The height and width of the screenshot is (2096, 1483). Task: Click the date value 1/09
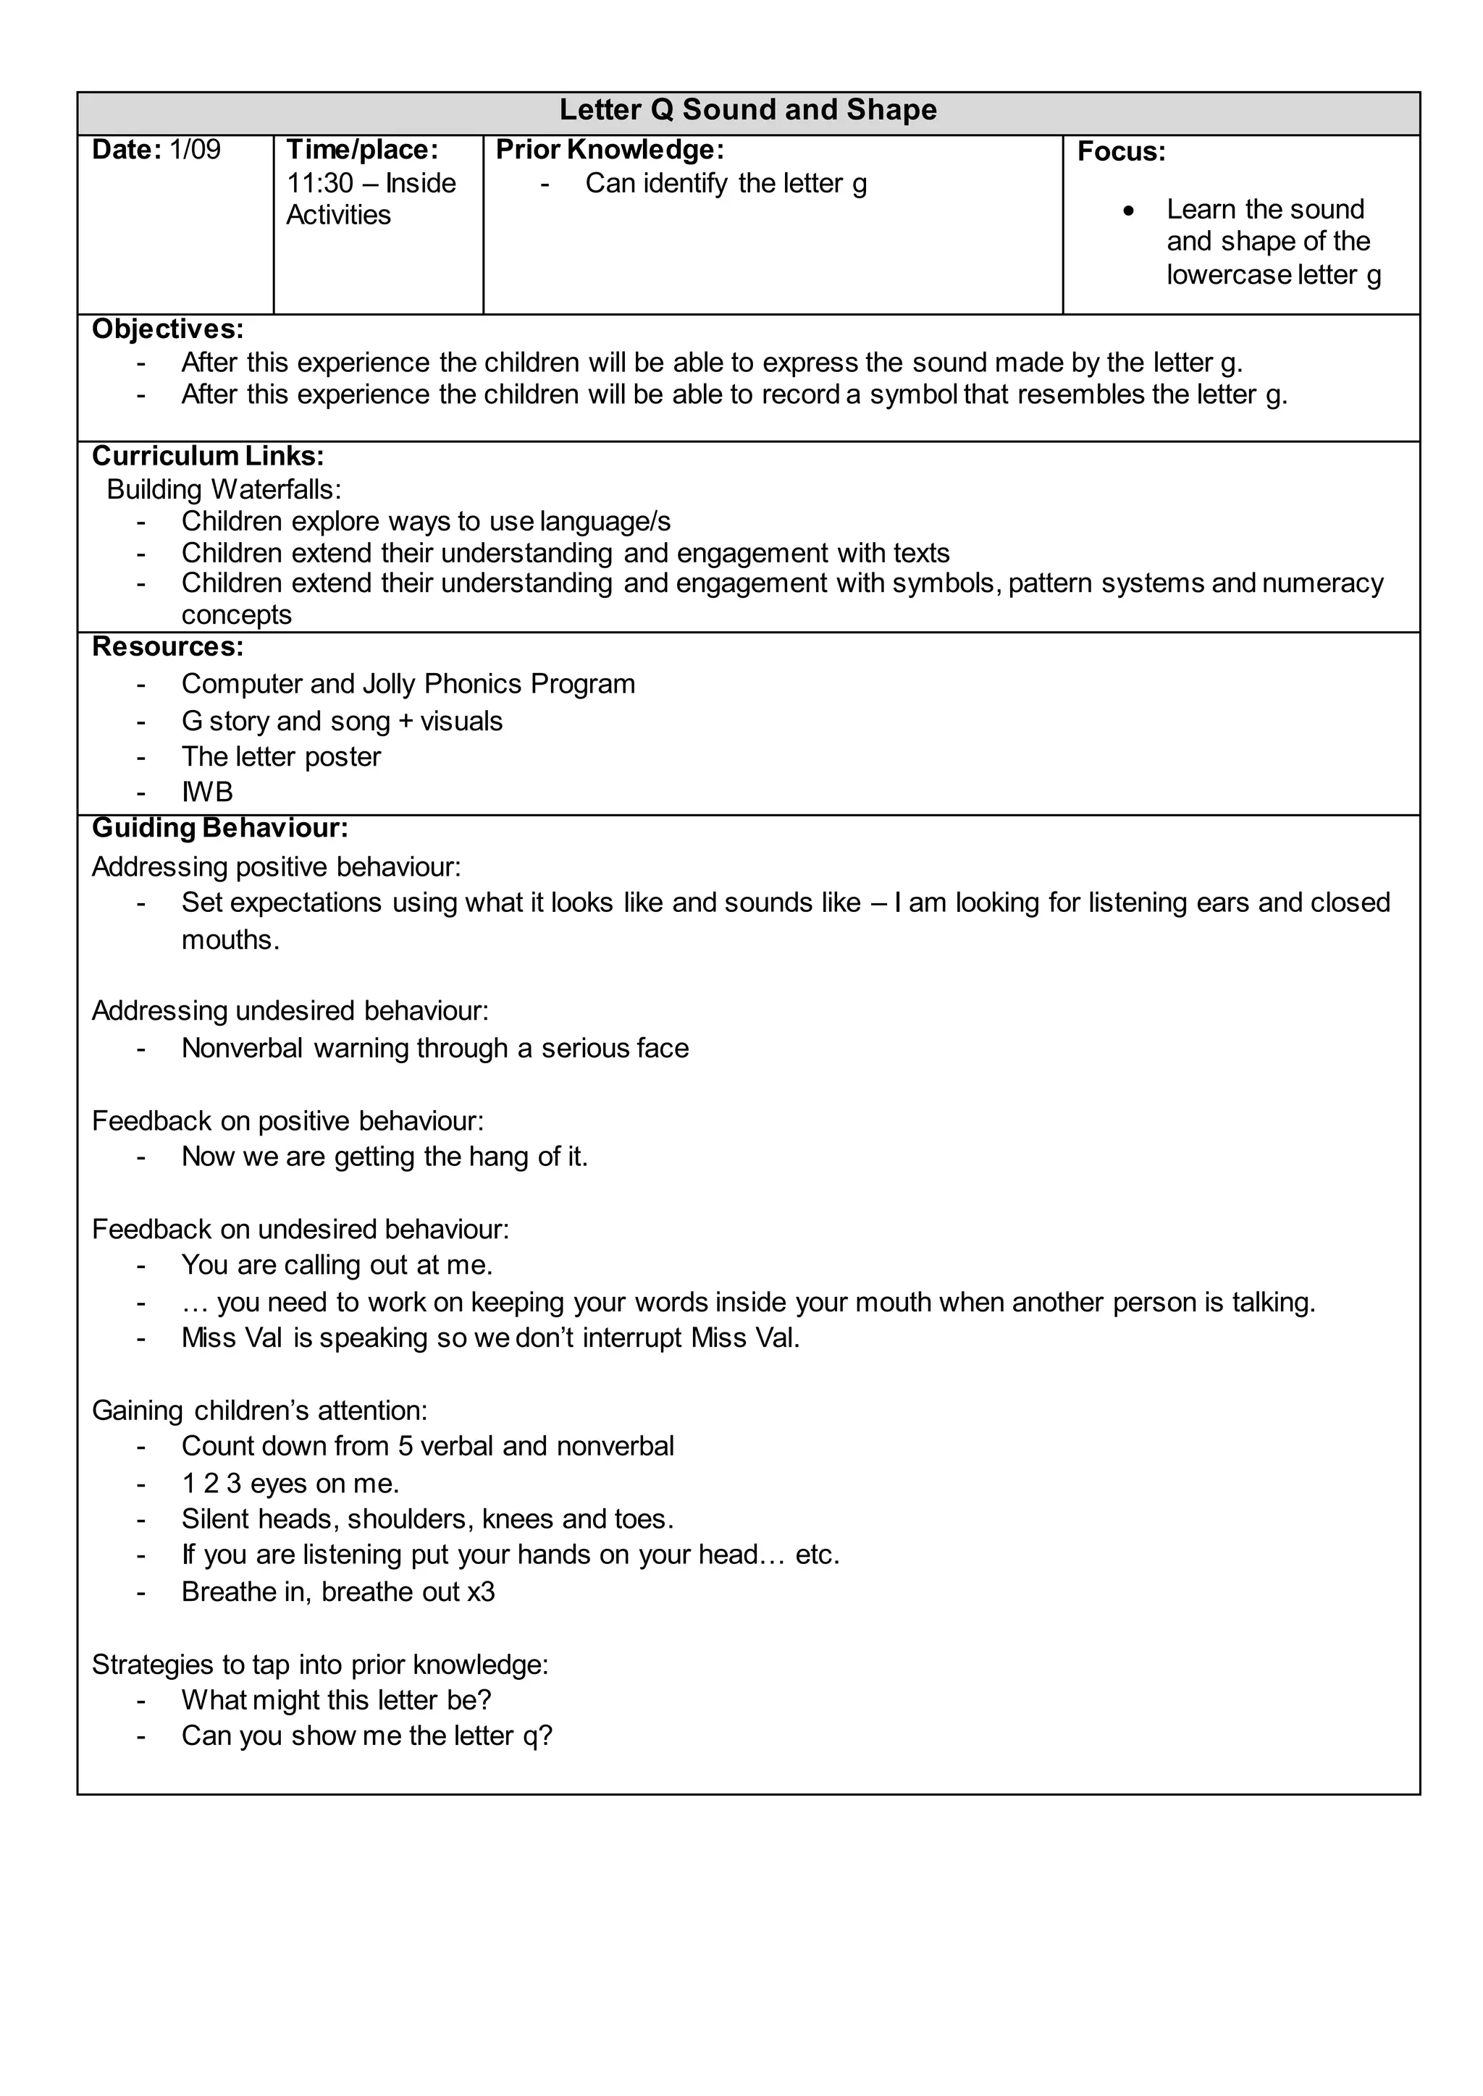click(195, 150)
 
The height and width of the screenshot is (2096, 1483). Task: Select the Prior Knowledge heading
click(609, 150)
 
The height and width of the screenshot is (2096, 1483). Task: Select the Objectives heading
click(167, 329)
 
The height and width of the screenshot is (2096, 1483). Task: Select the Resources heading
click(167, 646)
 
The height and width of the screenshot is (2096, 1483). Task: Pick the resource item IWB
click(206, 793)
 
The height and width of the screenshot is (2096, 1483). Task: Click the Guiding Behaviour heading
click(219, 828)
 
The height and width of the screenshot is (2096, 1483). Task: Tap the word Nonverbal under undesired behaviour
click(241, 1048)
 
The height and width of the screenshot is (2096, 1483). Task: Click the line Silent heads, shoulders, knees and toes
click(427, 1519)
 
